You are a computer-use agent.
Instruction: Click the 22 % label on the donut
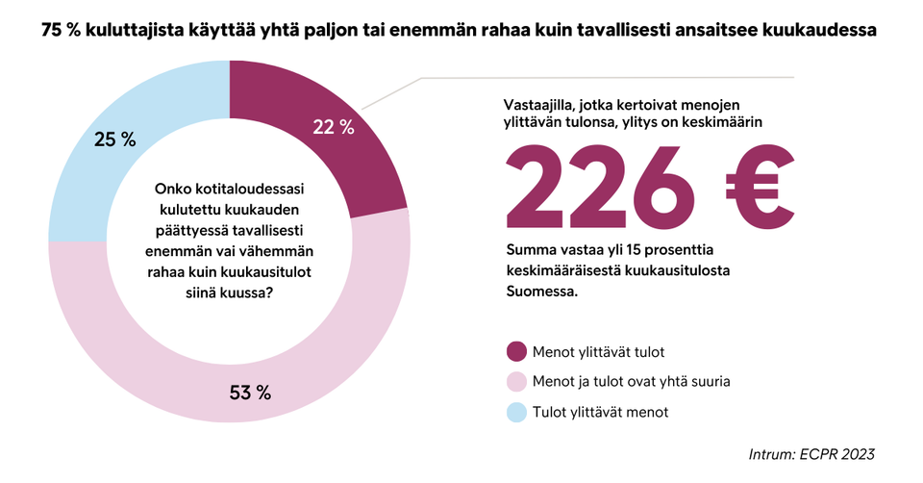(334, 127)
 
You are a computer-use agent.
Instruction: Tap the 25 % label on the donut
(114, 140)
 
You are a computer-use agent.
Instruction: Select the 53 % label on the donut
(250, 392)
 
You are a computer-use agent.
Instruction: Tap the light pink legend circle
(516, 381)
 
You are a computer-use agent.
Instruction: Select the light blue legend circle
(516, 412)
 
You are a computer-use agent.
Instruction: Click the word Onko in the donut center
(172, 190)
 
